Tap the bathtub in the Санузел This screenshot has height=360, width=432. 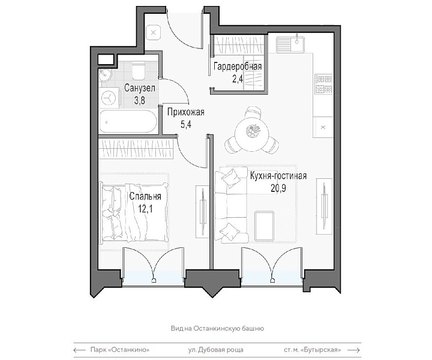coord(128,121)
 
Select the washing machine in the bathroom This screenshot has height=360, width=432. coord(110,98)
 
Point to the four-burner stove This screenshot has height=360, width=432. coord(323,84)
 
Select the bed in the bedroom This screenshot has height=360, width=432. coord(135,212)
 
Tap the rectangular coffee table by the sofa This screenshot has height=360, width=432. coord(264,226)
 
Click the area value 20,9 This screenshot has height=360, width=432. coord(278,188)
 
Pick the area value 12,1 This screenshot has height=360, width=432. coord(145,209)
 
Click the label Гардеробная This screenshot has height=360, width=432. coord(238,67)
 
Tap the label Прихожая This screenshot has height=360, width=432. coord(186,112)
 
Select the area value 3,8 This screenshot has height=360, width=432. coord(139,101)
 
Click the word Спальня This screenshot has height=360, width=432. coord(145,197)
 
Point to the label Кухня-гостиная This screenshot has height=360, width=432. coord(278,176)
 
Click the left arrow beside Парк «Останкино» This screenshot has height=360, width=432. coord(80,350)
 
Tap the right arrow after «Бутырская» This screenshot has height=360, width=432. coord(353,350)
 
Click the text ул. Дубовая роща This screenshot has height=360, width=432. coord(216,350)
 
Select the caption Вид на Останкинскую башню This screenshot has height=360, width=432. coord(217,328)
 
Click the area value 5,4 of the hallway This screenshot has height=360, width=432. coord(185,124)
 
